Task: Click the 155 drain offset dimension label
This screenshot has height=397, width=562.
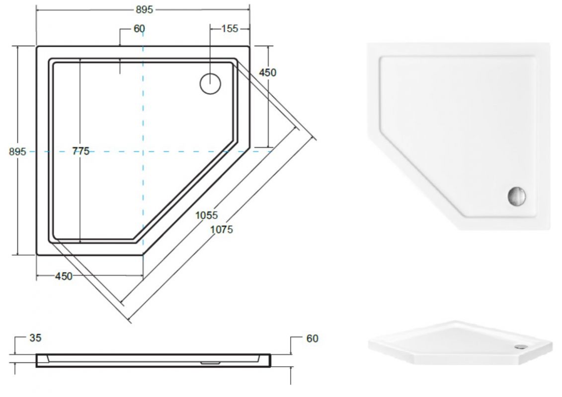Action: coord(229,29)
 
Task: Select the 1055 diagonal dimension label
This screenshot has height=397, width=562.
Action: coord(206,215)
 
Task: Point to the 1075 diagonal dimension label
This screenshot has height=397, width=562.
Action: coord(221,229)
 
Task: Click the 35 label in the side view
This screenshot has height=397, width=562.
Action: coord(35,338)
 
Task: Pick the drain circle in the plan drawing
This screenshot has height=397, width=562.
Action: coord(210,83)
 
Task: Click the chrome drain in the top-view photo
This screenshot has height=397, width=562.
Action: coord(517,196)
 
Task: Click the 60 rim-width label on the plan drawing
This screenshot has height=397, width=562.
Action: coord(139,29)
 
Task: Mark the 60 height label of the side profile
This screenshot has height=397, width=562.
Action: coord(312,338)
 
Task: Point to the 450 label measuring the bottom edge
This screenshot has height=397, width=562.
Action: coord(63,276)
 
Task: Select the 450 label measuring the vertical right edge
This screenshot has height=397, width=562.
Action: coord(267,72)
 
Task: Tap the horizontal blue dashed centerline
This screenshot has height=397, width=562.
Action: coord(199,151)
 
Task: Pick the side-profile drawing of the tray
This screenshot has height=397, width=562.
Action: coord(153,360)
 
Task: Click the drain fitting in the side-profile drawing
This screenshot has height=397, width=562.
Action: coord(211,362)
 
